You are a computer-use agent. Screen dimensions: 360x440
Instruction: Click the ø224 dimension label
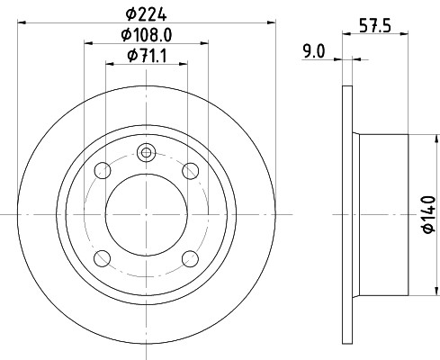(x=146, y=14)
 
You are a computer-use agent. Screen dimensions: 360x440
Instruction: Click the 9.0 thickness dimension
(x=313, y=51)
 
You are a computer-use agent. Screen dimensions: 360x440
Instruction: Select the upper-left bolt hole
(x=103, y=171)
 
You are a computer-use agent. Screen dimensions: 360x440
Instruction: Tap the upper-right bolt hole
(x=190, y=171)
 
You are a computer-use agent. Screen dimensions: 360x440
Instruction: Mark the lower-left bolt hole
(x=103, y=258)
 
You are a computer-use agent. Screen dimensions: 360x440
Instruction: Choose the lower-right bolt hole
(x=190, y=258)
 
